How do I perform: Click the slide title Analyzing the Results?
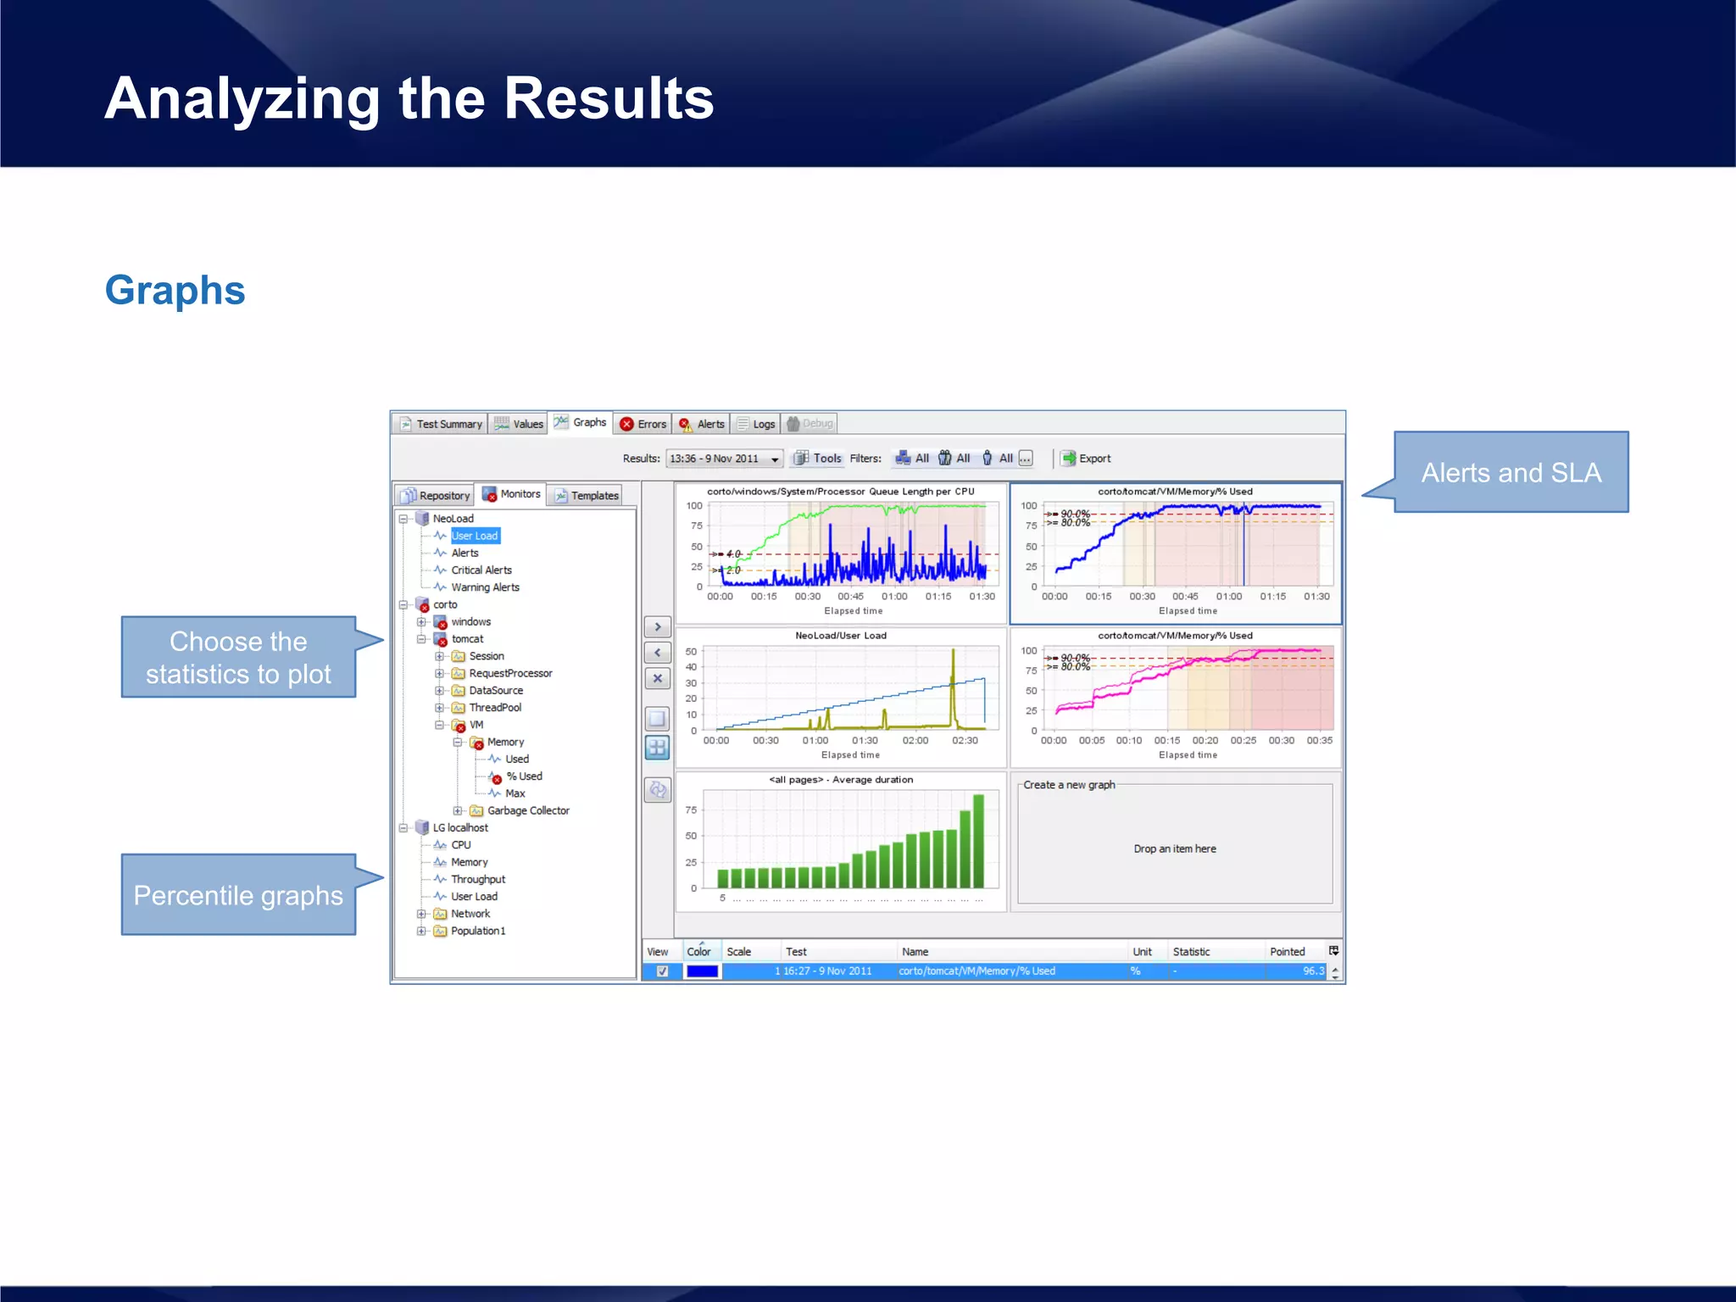coord(409,98)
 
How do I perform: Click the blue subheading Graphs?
coord(175,291)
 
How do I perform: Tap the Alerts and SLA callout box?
coord(1511,472)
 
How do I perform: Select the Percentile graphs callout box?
coord(238,895)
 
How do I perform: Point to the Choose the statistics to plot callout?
coord(238,657)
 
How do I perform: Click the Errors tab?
coord(643,424)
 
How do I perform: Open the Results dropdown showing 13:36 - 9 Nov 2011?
coord(723,459)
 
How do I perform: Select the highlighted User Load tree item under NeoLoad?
coord(475,536)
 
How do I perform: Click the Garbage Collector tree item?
coord(527,810)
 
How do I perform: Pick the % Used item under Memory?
coord(524,776)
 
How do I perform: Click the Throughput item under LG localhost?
coord(477,879)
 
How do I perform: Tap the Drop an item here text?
coord(1174,849)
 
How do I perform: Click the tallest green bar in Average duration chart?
coord(978,841)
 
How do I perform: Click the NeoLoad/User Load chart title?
coord(840,636)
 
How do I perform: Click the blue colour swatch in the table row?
coord(702,971)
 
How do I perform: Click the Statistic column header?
coord(1191,952)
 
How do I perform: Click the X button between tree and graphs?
coord(657,679)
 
